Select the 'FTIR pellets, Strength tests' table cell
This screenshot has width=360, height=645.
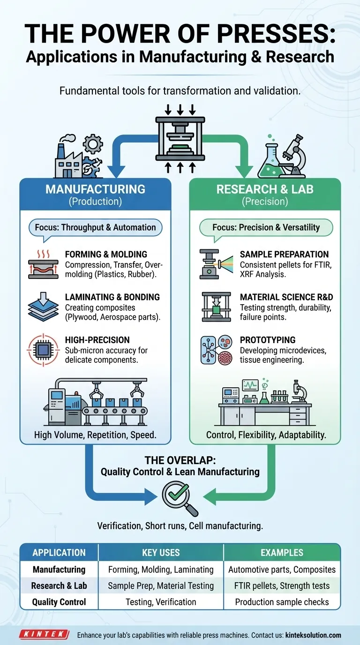[x=282, y=585]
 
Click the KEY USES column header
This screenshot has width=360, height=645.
[x=161, y=553]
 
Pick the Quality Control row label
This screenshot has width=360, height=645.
[x=59, y=602]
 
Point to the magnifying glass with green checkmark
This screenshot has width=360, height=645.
[x=178, y=498]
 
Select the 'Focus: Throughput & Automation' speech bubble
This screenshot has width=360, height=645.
[x=96, y=228]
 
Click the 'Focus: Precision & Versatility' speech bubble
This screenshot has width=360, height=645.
[x=266, y=228]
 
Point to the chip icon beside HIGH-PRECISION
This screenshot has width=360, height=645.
[x=43, y=349]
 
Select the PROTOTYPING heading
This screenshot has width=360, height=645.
[x=268, y=339]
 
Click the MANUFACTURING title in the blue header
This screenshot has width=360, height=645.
[x=96, y=190]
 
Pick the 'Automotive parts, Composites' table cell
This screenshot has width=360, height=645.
[x=282, y=570]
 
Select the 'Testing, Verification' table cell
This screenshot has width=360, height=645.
[x=161, y=602]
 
